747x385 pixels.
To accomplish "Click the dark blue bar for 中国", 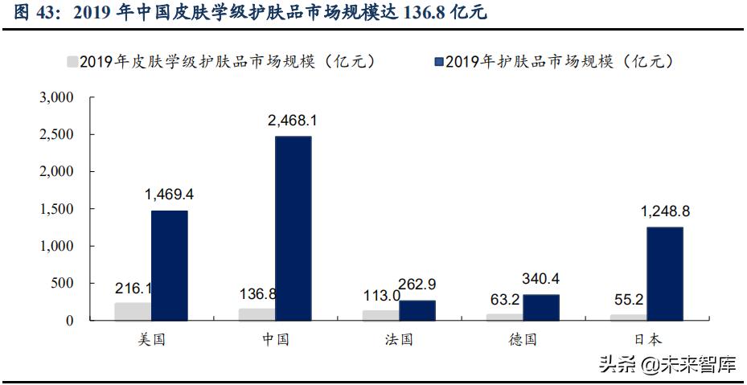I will [293, 229].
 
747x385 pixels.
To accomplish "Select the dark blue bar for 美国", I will [169, 265].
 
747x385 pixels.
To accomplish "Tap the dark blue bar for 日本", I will [665, 273].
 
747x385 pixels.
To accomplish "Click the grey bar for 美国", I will [132, 312].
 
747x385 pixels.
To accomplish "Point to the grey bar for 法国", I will [380, 315].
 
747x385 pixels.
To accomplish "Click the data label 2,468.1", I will [293, 121].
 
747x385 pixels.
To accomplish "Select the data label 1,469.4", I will [169, 195].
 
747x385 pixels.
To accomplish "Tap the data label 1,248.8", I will [665, 212].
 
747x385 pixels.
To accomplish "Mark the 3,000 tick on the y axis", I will [56, 97].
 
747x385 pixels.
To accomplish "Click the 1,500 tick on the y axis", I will [56, 209].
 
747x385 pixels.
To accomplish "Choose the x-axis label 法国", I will [399, 339].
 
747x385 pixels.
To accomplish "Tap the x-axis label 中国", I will [275, 339].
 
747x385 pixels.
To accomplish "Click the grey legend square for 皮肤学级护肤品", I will [72, 61].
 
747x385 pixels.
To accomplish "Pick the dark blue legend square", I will [438, 61].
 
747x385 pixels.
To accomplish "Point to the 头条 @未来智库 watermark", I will [667, 367].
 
